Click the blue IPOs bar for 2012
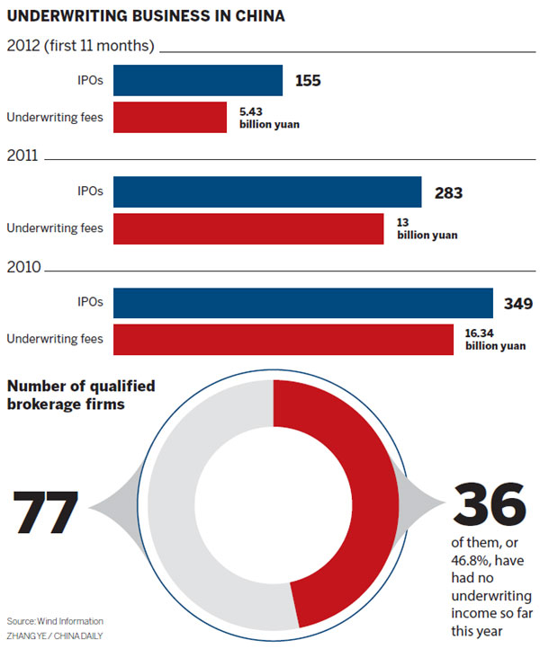[x=198, y=81]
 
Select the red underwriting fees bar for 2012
[x=170, y=117]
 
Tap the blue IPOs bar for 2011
[x=267, y=191]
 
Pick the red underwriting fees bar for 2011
[x=248, y=227]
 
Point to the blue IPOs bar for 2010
[x=303, y=303]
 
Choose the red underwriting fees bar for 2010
[x=283, y=339]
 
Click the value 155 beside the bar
[x=308, y=81]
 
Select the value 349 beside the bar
[x=518, y=303]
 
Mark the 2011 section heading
[x=22, y=156]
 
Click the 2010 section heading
[x=22, y=267]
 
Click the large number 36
[x=488, y=505]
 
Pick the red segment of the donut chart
[x=347, y=503]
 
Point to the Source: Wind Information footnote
[x=55, y=621]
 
